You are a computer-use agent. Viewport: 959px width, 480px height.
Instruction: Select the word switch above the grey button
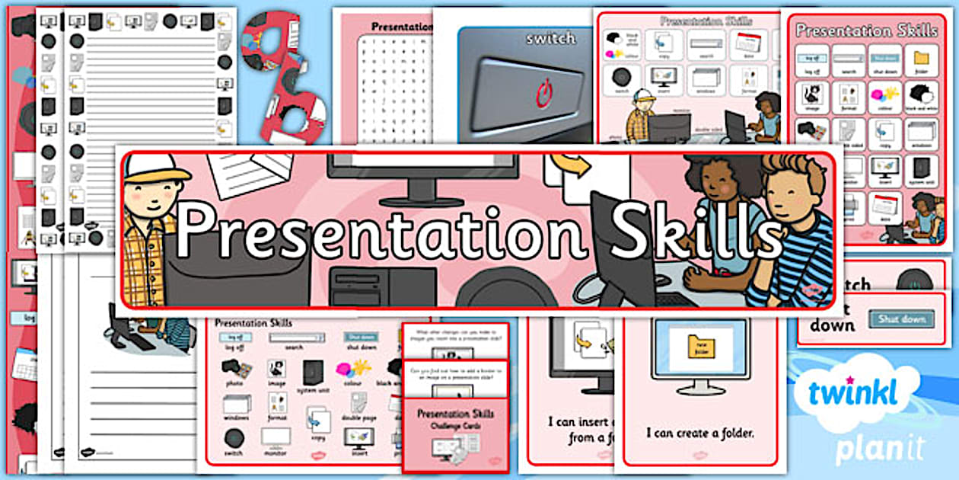(x=550, y=38)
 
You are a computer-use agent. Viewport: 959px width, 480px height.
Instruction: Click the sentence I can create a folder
(x=700, y=433)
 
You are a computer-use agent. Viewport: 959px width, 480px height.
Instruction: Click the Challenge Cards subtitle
(x=455, y=427)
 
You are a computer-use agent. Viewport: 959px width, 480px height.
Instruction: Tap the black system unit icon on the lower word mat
(x=312, y=373)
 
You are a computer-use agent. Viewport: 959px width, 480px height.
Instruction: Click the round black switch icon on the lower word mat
(x=234, y=439)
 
